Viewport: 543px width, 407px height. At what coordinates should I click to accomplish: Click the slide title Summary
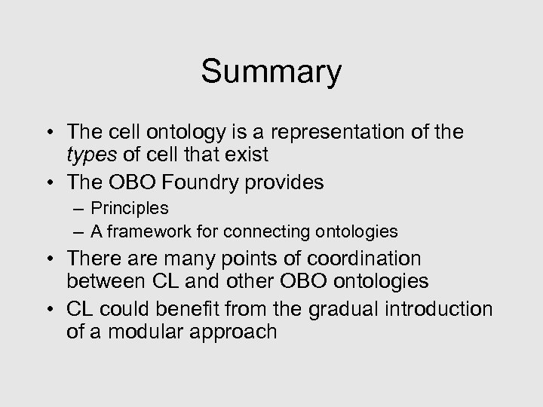coord(271,72)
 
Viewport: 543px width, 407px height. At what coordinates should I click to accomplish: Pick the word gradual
coord(354,309)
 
